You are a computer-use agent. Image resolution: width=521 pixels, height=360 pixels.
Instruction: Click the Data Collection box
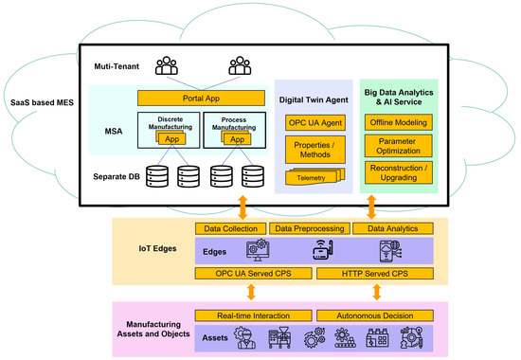[230, 228]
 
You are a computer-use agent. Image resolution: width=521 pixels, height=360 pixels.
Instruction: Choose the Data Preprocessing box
[309, 228]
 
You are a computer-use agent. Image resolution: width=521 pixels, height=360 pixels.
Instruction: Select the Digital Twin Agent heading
[315, 98]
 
